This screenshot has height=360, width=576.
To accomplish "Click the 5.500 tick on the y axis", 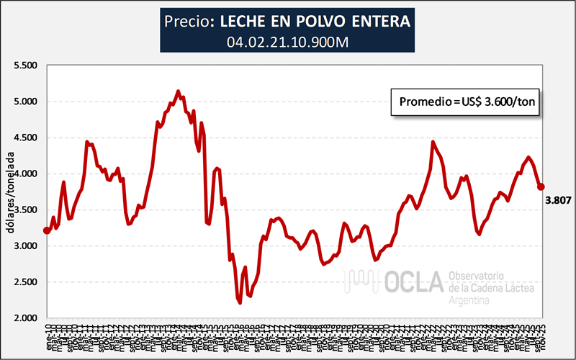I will [x=24, y=66].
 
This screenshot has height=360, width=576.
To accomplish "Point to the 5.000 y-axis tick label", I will [x=24, y=102].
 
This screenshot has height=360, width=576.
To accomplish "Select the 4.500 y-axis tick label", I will [x=24, y=138].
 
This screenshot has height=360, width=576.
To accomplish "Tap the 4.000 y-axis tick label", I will [x=24, y=174].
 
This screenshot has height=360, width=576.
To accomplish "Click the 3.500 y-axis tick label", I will [x=24, y=210].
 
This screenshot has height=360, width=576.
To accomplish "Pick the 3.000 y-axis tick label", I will [x=24, y=246].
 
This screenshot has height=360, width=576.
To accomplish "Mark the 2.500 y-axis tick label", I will [x=24, y=282].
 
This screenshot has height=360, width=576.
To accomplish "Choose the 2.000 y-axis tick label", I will [x=24, y=318].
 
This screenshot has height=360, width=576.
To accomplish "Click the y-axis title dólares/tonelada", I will [x=9, y=192].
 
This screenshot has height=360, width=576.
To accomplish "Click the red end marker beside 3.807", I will [x=541, y=187].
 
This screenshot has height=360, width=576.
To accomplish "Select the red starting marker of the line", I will [x=48, y=230].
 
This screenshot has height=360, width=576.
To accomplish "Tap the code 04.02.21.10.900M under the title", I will [x=288, y=42].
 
